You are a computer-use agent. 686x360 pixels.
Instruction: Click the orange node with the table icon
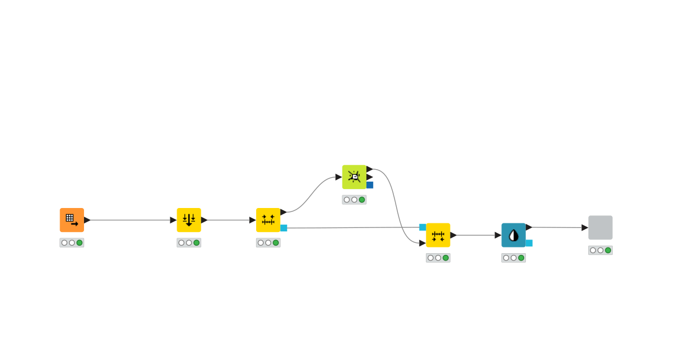pos(71,220)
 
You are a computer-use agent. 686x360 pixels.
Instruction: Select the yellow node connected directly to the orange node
pos(189,220)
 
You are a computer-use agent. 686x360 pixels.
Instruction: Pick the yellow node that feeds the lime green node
pos(268,220)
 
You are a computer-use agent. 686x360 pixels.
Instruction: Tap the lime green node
pos(354,177)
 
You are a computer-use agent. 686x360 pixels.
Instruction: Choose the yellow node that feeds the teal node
pos(438,235)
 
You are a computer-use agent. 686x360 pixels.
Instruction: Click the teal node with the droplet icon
pos(513,235)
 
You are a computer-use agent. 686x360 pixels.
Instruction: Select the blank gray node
pos(600,227)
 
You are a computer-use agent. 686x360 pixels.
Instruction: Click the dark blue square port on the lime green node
pos(370,185)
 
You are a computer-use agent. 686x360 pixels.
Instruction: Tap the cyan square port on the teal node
pos(529,243)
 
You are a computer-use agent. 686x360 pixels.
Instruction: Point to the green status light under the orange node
pos(79,243)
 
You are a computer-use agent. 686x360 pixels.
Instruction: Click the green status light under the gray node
pos(608,250)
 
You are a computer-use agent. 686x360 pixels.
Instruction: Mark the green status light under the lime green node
pos(362,200)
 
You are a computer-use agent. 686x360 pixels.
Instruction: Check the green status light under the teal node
pos(521,258)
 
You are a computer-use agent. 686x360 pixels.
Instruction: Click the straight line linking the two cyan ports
pos(352,227)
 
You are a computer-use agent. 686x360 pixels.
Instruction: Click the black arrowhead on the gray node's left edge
pos(585,227)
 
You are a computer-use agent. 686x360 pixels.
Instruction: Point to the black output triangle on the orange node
pos(87,220)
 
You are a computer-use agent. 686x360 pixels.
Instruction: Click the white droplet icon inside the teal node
pos(513,235)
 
